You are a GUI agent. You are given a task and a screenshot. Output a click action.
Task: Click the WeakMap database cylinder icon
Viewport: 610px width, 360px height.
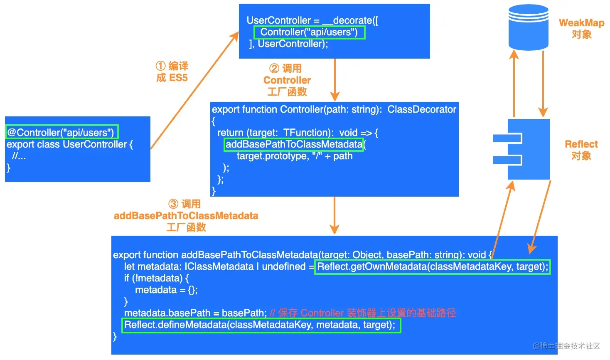(529, 27)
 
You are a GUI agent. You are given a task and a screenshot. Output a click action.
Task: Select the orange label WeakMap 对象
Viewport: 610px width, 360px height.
(581, 29)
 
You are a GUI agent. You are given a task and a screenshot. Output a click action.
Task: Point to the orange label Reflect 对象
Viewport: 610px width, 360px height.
(581, 150)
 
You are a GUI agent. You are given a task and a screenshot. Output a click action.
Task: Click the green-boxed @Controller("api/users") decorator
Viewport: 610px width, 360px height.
(61, 133)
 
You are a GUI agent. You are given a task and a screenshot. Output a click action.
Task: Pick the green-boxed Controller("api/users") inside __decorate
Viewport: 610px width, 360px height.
(309, 32)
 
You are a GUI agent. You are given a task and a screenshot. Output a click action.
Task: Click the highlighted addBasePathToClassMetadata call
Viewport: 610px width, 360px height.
(294, 144)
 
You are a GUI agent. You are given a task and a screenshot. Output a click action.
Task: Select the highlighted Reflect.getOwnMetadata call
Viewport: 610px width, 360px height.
(432, 266)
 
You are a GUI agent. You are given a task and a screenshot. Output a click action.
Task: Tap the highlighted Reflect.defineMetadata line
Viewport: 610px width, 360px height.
(261, 325)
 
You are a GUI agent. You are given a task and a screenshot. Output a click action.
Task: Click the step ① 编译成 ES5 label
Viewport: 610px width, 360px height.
(172, 72)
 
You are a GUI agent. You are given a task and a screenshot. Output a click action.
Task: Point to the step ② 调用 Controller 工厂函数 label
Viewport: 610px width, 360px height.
(287, 80)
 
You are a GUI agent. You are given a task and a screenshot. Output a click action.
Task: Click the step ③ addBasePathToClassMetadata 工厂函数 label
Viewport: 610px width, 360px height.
(186, 215)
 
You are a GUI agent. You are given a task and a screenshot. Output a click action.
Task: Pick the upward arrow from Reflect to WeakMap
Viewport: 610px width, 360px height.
(514, 83)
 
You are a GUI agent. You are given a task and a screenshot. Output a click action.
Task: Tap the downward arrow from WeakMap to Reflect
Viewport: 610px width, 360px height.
(543, 83)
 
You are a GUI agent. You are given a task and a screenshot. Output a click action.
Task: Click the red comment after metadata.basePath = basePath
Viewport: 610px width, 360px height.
(363, 313)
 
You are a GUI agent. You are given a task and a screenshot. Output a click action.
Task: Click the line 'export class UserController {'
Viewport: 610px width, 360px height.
(70, 144)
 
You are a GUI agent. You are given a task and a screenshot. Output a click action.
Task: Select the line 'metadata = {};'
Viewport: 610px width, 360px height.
(166, 290)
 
